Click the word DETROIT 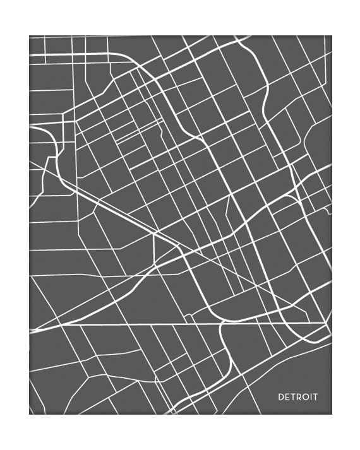click(298, 397)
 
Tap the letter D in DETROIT click(281, 397)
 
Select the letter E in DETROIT click(287, 397)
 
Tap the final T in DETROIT click(316, 397)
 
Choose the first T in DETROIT click(293, 397)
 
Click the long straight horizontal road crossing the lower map click(158, 325)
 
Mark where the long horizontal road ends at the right click(328, 324)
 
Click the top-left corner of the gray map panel click(29, 36)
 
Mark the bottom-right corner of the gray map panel click(332, 414)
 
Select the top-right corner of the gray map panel click(332, 36)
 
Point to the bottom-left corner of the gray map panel click(29, 414)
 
